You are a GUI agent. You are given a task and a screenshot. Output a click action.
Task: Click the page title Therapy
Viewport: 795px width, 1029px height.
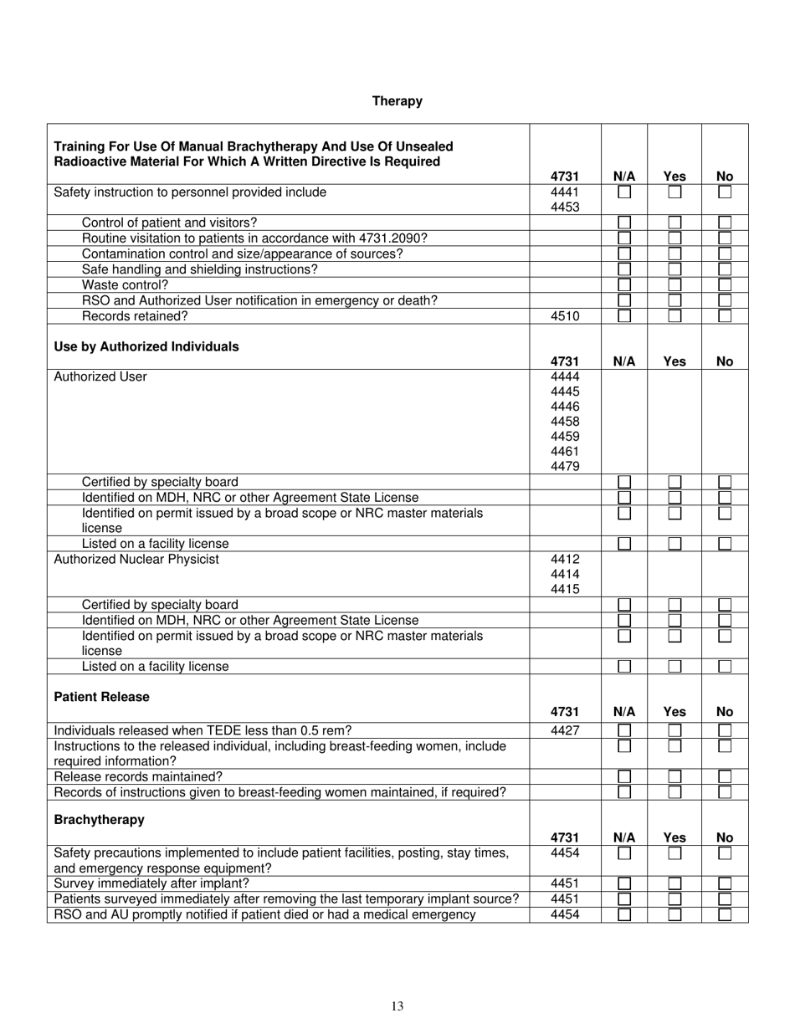tap(397, 101)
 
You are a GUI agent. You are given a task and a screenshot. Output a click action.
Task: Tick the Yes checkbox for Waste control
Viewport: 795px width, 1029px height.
tap(674, 285)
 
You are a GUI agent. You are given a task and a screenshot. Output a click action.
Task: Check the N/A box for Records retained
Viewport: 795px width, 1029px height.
tap(624, 316)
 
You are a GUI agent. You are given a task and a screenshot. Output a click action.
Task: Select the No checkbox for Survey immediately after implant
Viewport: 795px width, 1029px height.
tap(725, 883)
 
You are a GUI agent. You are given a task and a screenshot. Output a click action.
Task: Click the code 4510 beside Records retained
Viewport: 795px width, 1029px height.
tap(565, 316)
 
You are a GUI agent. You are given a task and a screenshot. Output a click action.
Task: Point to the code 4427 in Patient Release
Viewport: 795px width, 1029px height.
tap(565, 730)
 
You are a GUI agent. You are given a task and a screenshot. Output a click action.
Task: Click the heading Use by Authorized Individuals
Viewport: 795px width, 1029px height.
tap(146, 346)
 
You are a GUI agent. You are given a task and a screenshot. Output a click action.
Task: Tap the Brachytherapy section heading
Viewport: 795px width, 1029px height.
tap(99, 820)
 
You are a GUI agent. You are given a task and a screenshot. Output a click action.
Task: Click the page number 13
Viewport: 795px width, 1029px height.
tap(397, 1006)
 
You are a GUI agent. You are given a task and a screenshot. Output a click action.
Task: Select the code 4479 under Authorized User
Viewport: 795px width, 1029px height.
tap(565, 467)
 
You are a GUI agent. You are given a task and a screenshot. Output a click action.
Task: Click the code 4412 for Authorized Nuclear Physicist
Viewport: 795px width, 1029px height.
tap(565, 559)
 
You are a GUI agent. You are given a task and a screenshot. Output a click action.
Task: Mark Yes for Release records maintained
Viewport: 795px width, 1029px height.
tap(674, 776)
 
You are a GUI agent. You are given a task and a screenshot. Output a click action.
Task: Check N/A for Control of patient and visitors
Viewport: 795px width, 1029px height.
tap(624, 223)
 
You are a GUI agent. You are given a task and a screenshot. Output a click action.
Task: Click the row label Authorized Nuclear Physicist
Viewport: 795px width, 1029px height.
tap(136, 559)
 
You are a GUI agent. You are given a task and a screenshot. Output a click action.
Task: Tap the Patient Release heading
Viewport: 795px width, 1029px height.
tap(102, 697)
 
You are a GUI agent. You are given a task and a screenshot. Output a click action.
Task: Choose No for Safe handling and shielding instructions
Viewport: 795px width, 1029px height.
tap(725, 269)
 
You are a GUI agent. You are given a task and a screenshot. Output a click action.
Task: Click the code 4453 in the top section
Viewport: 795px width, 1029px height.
tap(565, 207)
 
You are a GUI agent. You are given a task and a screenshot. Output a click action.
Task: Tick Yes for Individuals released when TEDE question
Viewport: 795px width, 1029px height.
tap(674, 730)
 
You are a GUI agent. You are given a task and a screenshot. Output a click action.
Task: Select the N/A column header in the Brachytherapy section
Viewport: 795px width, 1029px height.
tap(624, 837)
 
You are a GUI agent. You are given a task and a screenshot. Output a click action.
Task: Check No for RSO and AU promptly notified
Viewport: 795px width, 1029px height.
tap(725, 914)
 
